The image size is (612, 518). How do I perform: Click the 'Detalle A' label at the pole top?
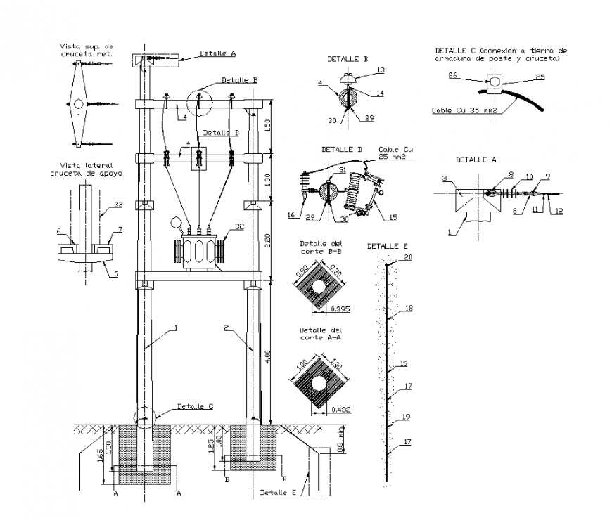217,53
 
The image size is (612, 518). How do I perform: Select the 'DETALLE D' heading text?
342,150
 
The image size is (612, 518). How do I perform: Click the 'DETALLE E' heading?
387,246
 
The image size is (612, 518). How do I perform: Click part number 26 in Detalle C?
452,75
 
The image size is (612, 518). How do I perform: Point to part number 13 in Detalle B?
381,70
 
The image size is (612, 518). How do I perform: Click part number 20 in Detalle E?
407,258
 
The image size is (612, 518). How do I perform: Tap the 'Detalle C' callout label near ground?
195,406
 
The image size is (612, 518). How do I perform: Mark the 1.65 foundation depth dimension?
101,457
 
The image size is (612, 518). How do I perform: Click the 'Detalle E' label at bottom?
278,492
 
